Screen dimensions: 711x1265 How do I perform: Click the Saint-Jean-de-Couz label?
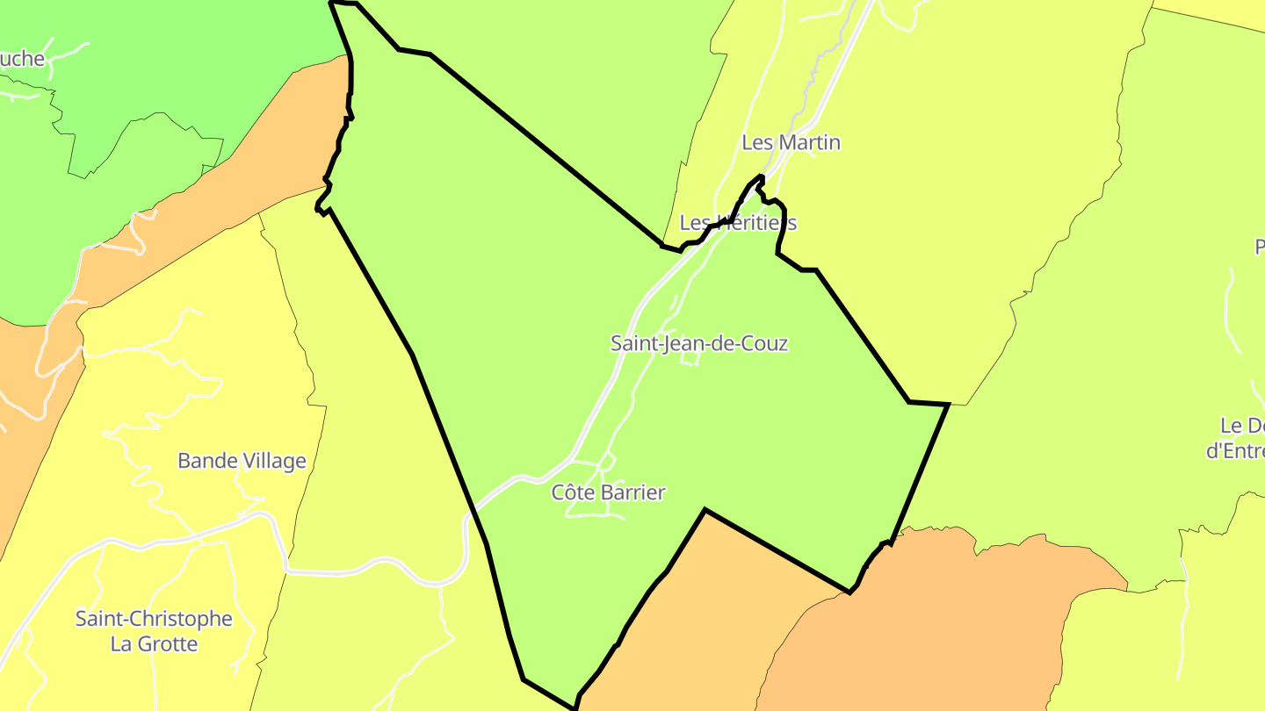[699, 343]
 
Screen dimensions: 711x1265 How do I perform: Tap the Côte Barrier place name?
[608, 492]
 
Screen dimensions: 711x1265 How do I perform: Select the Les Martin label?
[791, 142]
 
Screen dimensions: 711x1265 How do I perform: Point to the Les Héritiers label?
[738, 223]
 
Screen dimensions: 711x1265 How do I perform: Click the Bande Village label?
[242, 461]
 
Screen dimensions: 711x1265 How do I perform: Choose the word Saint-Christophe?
[154, 619]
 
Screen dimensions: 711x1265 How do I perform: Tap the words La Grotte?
[154, 644]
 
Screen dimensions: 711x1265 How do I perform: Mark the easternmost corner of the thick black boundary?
[949, 405]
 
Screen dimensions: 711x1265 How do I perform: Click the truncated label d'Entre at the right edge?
[1234, 451]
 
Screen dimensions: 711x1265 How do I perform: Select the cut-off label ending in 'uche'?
[21, 59]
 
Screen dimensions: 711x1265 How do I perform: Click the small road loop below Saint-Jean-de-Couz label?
[690, 359]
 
